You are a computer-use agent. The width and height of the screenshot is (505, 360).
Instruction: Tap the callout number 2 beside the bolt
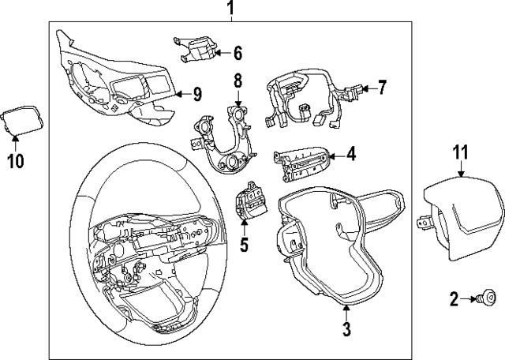click(x=454, y=298)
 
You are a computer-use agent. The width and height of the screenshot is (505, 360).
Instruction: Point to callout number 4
click(x=350, y=155)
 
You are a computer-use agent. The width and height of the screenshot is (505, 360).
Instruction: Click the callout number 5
click(x=244, y=245)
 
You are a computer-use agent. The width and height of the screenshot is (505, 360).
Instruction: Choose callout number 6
click(x=237, y=53)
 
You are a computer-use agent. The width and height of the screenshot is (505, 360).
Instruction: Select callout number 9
click(x=196, y=94)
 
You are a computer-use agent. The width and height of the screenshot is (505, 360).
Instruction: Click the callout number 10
click(x=16, y=161)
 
